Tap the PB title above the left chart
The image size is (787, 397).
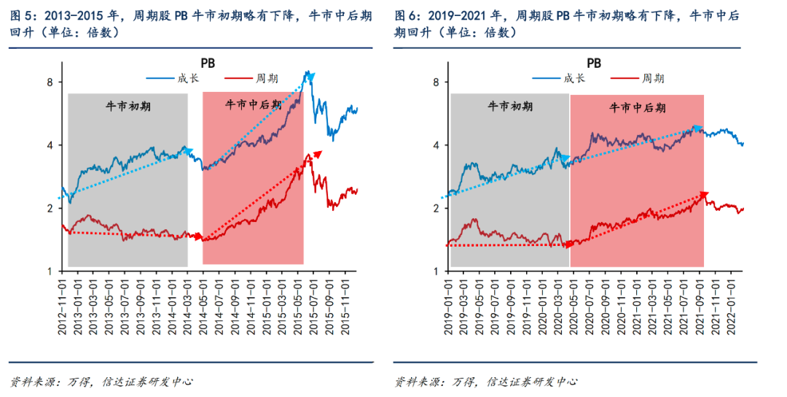[208, 63]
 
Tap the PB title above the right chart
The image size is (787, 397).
[593, 63]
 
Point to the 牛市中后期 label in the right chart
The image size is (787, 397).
[636, 107]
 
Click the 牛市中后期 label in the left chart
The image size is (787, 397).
[253, 104]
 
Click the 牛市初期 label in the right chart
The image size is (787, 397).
[510, 106]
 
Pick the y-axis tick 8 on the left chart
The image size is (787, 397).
[50, 82]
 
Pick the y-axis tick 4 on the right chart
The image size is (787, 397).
[435, 145]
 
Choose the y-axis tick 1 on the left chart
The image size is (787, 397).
[50, 271]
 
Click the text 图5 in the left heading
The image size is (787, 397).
[22, 15]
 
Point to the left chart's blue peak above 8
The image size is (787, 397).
[308, 72]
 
